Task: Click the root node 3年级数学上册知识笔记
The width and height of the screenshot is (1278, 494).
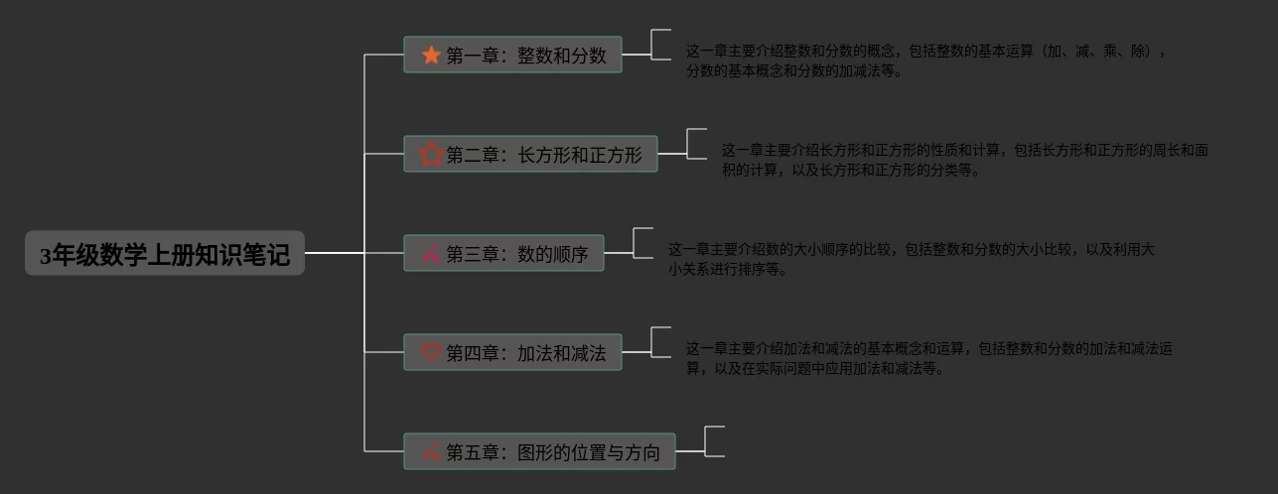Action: tap(165, 254)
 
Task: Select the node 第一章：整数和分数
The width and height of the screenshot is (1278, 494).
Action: tap(512, 56)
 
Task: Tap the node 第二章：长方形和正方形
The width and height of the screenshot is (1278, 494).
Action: tap(530, 155)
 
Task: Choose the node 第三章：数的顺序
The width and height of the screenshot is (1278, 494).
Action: tap(503, 254)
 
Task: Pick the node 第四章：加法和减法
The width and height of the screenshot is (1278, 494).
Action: tap(512, 353)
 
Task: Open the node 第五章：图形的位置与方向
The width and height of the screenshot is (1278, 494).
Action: tap(539, 452)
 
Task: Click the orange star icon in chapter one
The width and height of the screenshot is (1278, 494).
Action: tap(431, 56)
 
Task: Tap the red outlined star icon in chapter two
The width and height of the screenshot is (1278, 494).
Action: tap(431, 155)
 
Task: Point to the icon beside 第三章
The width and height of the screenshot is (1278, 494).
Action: tap(431, 254)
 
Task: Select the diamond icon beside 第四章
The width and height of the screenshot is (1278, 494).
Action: tap(431, 353)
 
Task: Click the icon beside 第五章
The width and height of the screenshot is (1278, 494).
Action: tap(431, 452)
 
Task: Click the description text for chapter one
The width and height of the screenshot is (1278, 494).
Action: tap(923, 61)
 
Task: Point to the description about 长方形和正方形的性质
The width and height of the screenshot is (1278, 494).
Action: tap(963, 160)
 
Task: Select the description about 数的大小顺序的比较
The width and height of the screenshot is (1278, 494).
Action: tap(910, 259)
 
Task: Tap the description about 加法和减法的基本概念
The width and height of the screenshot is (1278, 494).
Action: tap(928, 358)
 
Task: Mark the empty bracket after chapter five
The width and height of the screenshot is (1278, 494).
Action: tap(713, 441)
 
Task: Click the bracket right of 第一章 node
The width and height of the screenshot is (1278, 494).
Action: tap(660, 45)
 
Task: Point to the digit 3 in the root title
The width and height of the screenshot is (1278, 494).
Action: tap(45, 256)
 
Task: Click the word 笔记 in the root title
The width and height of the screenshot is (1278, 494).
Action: tap(268, 255)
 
